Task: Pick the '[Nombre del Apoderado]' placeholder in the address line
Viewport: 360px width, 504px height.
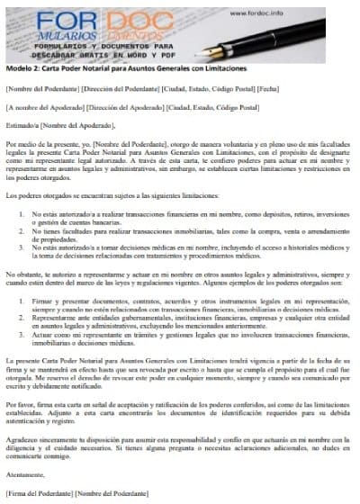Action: point(41,108)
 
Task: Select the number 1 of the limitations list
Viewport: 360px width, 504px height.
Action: point(20,215)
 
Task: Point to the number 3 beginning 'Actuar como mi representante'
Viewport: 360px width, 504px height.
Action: point(20,333)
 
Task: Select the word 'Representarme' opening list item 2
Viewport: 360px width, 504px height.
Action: point(53,319)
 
